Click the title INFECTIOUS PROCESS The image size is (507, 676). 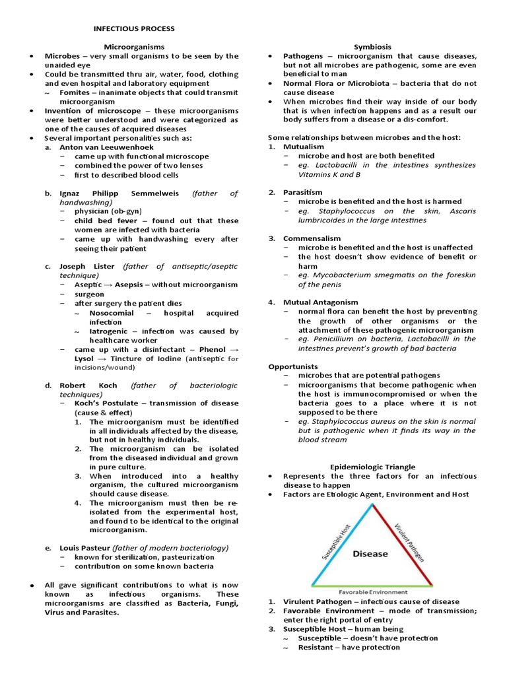point(134,28)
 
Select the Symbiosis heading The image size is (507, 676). point(372,47)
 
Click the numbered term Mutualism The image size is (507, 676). point(304,147)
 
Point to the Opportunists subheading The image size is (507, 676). point(293,366)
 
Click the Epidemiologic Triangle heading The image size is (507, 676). point(372,467)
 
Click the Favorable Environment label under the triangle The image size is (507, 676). point(372,592)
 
